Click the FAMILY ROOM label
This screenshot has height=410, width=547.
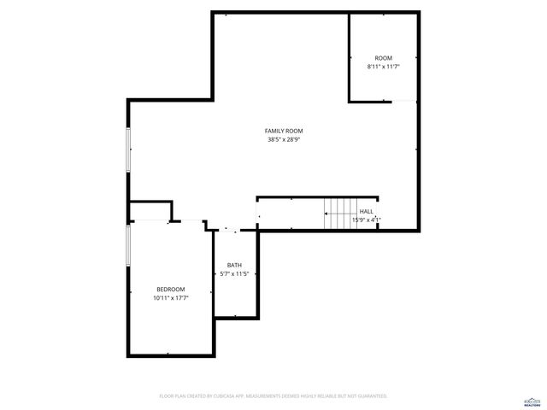(284, 131)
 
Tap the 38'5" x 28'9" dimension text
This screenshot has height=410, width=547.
(284, 139)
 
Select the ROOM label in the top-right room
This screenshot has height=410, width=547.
(384, 58)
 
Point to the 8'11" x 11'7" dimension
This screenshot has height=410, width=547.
(384, 67)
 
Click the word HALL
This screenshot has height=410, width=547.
(366, 211)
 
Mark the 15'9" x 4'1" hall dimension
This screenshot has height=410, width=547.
(366, 220)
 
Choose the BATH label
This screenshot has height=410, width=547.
(234, 265)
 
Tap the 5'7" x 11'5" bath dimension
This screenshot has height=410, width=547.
(234, 273)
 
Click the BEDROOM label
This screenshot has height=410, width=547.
(170, 290)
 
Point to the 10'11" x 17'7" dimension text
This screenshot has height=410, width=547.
(170, 298)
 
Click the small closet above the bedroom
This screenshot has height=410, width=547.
(150, 212)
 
